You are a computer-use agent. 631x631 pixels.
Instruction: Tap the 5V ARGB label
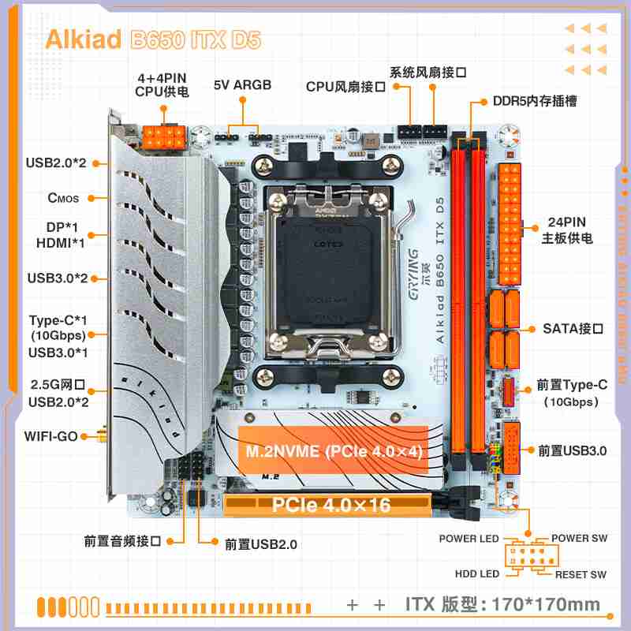click(x=242, y=85)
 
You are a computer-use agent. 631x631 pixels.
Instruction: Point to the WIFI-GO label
click(x=50, y=435)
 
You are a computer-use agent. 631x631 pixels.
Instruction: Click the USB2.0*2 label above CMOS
click(x=57, y=163)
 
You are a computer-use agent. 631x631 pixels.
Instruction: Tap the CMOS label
click(x=63, y=198)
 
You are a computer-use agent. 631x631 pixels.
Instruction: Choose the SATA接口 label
click(x=573, y=328)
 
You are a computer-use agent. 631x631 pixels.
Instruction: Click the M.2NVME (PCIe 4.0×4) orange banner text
click(x=334, y=452)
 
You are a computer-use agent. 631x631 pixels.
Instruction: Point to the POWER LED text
click(x=469, y=539)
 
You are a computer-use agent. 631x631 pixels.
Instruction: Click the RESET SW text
click(x=581, y=574)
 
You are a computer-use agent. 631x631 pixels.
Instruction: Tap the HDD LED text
click(x=477, y=574)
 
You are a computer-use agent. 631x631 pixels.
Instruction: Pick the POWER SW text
click(x=579, y=539)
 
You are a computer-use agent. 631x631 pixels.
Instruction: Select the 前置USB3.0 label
click(x=572, y=451)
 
